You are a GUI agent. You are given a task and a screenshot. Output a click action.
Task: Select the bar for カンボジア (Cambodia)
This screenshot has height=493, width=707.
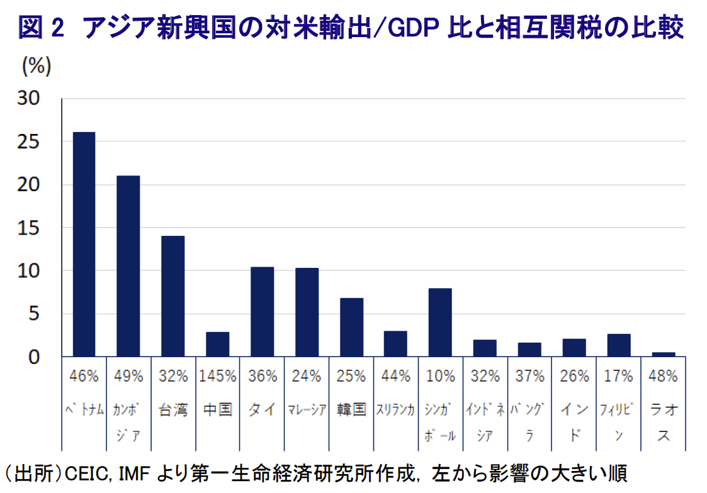[128, 266]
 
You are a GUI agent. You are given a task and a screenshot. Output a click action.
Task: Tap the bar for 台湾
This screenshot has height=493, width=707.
[173, 296]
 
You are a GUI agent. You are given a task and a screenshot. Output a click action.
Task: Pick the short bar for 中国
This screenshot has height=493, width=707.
[217, 344]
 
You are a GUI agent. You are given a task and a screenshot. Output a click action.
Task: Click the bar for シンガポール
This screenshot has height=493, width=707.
[440, 323]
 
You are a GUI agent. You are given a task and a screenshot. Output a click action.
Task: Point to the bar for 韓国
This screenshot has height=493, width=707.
[351, 327]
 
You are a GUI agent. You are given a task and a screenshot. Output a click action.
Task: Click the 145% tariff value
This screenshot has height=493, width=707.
[217, 377]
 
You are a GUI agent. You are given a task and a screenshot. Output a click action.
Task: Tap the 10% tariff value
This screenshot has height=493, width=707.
[440, 377]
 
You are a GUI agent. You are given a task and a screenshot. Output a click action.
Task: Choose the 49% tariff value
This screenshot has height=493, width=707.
[128, 377]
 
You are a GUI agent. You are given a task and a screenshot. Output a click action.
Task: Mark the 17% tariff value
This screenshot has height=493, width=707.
[618, 377]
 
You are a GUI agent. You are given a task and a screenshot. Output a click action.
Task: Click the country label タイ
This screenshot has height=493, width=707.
[262, 410]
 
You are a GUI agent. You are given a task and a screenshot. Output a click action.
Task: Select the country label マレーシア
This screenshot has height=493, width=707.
[307, 410]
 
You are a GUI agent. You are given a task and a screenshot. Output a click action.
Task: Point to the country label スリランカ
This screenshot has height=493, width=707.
[395, 410]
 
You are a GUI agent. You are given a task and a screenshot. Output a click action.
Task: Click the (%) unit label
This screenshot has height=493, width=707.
[36, 65]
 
